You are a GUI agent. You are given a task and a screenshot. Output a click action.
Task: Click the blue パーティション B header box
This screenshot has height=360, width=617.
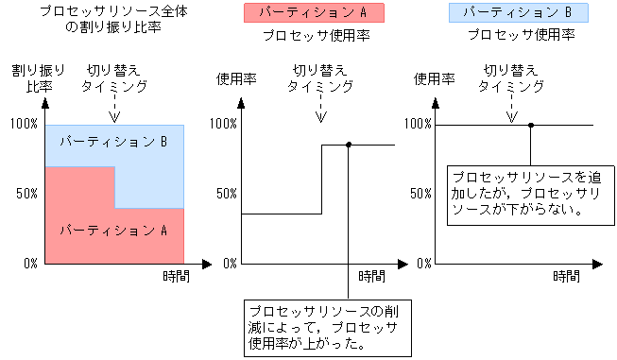click(x=518, y=13)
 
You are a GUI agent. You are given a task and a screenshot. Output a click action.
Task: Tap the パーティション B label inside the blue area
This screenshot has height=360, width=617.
click(x=113, y=142)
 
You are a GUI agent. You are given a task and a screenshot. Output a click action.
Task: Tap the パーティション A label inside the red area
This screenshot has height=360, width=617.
click(x=113, y=230)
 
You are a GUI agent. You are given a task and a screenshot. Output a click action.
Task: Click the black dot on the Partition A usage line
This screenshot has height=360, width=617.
click(x=350, y=145)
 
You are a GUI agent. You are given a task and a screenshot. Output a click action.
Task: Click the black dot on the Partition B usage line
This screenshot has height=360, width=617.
click(x=531, y=125)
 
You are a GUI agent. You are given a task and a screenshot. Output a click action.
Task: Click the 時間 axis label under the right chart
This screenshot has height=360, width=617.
click(x=566, y=276)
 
